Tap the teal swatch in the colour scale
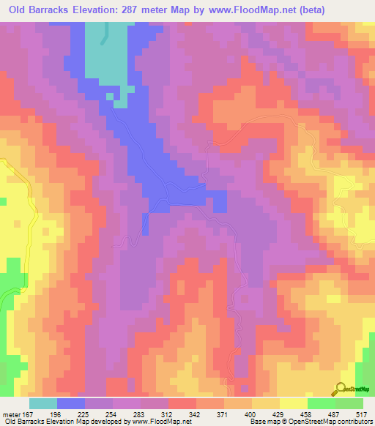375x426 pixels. click(x=43, y=403)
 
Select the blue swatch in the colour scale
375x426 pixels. click(x=71, y=403)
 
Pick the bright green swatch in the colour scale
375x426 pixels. click(x=322, y=403)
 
